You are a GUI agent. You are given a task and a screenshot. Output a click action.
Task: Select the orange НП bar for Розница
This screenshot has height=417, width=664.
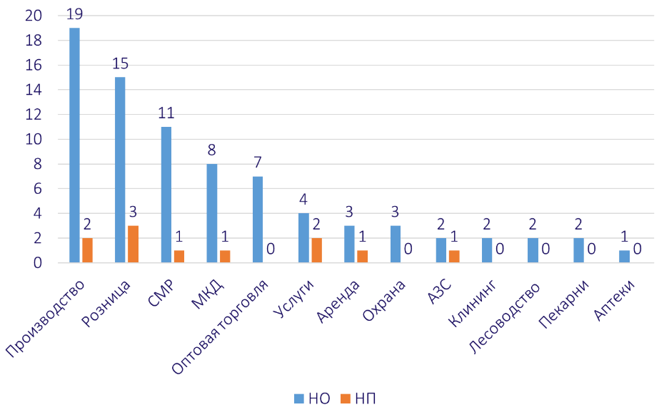(x=133, y=244)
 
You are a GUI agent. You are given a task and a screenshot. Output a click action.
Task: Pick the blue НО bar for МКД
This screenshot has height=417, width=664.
(x=212, y=213)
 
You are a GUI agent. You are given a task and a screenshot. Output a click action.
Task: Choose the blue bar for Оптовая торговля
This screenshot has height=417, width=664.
(x=258, y=220)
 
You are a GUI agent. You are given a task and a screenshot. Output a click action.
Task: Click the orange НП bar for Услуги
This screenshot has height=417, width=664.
(x=316, y=250)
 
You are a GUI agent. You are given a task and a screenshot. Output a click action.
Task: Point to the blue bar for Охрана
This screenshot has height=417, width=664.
(x=395, y=244)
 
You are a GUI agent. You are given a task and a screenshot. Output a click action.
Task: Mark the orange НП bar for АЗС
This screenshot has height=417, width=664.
(x=454, y=257)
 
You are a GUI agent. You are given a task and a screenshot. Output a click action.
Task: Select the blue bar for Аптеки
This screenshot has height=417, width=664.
(x=625, y=257)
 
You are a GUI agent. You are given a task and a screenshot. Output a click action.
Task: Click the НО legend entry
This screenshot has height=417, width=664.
(x=312, y=398)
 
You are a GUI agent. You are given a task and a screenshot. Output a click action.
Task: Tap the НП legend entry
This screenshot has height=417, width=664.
(x=357, y=398)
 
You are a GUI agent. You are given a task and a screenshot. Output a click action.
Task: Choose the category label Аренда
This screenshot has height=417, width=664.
(x=338, y=302)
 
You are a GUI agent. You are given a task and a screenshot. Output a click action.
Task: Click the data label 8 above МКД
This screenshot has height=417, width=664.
(x=211, y=150)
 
